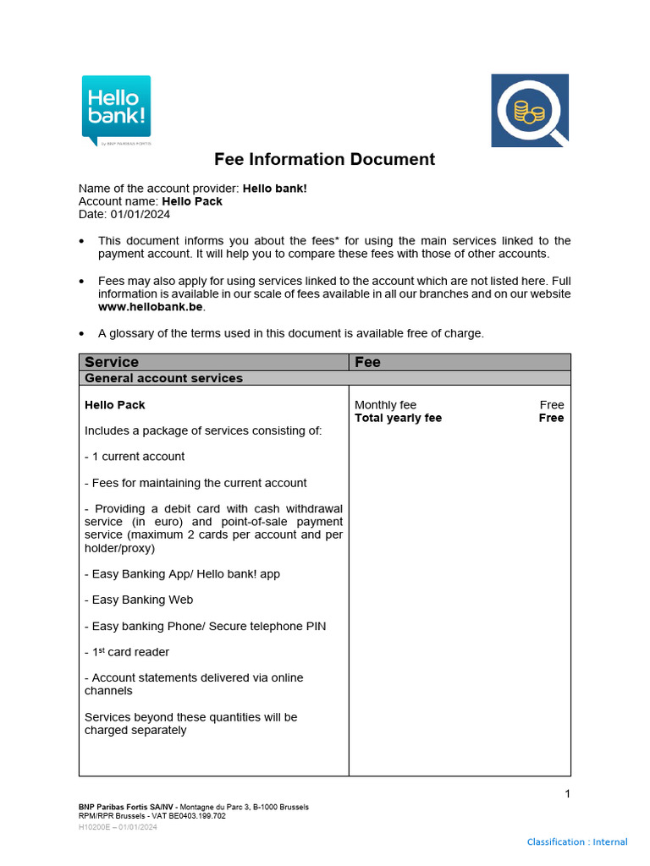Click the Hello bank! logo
[x=116, y=110]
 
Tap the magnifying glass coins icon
[x=530, y=111]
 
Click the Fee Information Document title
[x=324, y=159]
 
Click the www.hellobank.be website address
[x=140, y=306]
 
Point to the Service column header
[x=112, y=362]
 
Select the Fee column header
[x=368, y=362]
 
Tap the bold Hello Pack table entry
[x=115, y=405]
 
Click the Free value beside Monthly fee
[x=551, y=405]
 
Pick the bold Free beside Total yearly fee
[x=551, y=418]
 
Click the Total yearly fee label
[x=398, y=418]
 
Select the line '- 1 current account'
[x=135, y=457]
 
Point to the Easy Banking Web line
[x=139, y=600]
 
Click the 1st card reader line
[x=127, y=652]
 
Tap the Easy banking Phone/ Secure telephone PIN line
[x=205, y=626]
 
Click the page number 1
[x=567, y=793]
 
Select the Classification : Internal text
[x=577, y=841]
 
